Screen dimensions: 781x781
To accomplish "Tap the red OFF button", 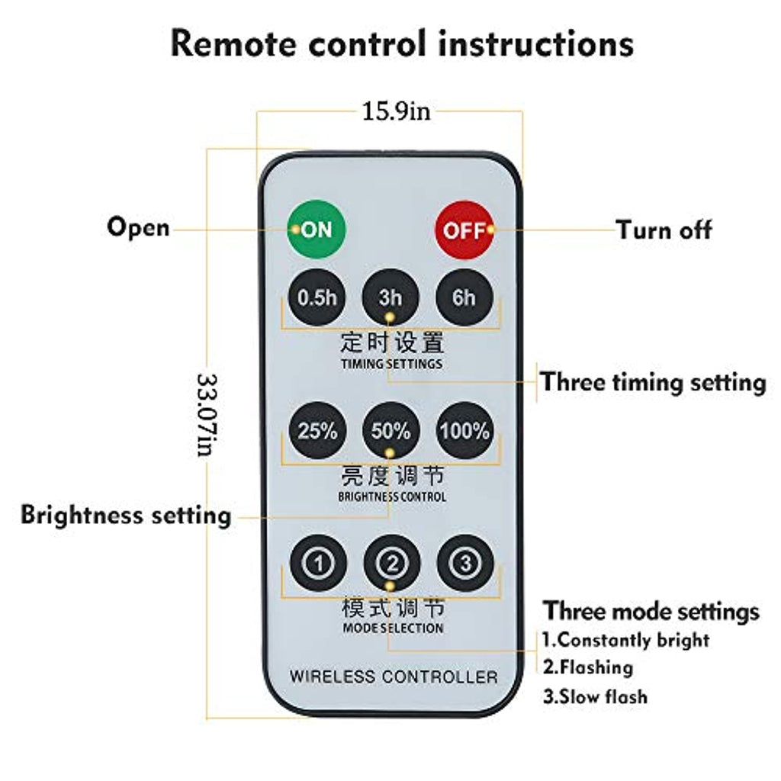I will pyautogui.click(x=464, y=230).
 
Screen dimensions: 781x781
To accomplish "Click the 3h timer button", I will pyautogui.click(x=390, y=297).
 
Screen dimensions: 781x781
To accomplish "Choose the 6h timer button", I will pyautogui.click(x=464, y=297).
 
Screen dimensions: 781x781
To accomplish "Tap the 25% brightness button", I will pyautogui.click(x=317, y=431).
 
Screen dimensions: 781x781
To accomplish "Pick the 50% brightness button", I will pyautogui.click(x=390, y=431).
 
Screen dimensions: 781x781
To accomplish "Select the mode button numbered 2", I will pyautogui.click(x=390, y=564).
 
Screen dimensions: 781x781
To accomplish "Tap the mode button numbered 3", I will pyautogui.click(x=464, y=564).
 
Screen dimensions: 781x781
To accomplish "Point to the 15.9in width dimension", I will pyautogui.click(x=395, y=111).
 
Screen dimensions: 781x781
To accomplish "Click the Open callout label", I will pyautogui.click(x=138, y=227).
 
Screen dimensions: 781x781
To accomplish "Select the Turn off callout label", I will pyautogui.click(x=664, y=229).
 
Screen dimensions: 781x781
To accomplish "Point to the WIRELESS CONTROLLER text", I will pyautogui.click(x=393, y=677).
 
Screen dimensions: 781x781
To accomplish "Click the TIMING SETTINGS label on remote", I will pyautogui.click(x=391, y=364).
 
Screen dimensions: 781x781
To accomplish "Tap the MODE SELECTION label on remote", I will pyautogui.click(x=392, y=628).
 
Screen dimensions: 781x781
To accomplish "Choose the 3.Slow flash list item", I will pyautogui.click(x=595, y=696).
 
